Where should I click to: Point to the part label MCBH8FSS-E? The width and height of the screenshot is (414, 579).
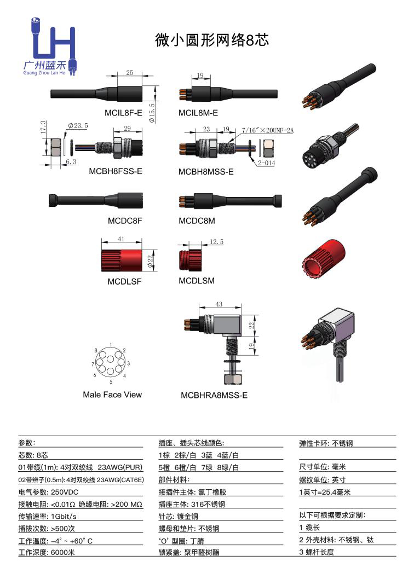116,171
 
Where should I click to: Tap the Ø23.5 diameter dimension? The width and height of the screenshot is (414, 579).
78,126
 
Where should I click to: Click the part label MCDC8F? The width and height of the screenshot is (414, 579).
125,221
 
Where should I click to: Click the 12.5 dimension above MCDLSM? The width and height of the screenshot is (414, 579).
216,241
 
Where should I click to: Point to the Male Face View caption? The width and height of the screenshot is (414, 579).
112,395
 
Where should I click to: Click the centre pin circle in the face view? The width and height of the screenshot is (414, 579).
111,363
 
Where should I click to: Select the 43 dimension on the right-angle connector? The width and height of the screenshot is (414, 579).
219,304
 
